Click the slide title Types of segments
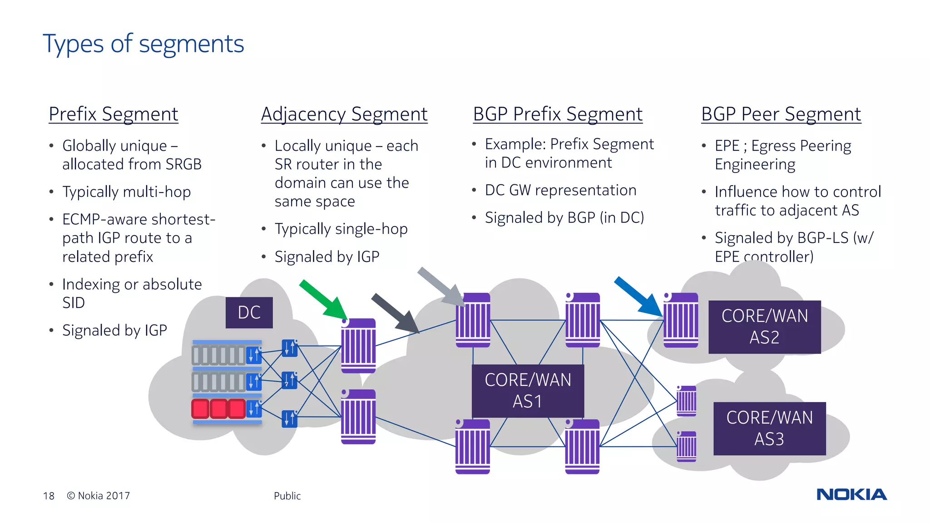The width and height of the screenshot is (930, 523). [x=143, y=44]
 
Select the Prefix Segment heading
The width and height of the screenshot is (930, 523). [x=114, y=114]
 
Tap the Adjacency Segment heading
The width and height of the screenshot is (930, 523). [x=344, y=114]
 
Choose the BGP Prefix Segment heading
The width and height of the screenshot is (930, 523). [x=558, y=114]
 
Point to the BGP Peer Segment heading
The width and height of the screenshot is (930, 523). [x=781, y=114]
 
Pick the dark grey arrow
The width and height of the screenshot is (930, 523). [x=395, y=313]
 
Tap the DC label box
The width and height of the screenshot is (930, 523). [x=249, y=312]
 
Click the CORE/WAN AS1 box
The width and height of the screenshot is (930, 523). [x=528, y=391]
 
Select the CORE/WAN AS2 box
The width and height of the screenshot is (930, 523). [x=765, y=327]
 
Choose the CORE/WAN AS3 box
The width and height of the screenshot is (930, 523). [x=769, y=429]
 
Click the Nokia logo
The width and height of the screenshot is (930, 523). [x=851, y=494]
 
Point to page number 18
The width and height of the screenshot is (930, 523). [x=49, y=496]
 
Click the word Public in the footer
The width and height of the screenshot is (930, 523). [x=287, y=496]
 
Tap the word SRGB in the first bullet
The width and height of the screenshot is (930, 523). [x=183, y=164]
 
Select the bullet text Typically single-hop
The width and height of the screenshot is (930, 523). [x=341, y=229]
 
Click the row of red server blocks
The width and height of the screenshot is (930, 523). [x=218, y=409]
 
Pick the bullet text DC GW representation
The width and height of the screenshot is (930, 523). [x=560, y=190]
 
